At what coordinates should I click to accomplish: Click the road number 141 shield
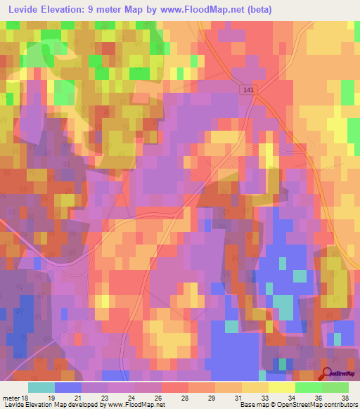pos(247,90)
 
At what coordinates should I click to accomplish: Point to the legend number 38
pos(344,397)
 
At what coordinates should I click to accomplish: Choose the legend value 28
pos(185,397)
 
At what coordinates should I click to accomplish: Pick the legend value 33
pos(264,397)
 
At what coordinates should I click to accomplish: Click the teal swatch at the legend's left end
pos(41,387)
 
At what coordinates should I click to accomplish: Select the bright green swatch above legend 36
pos(309,387)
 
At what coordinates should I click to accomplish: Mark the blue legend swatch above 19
pos(68,387)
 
